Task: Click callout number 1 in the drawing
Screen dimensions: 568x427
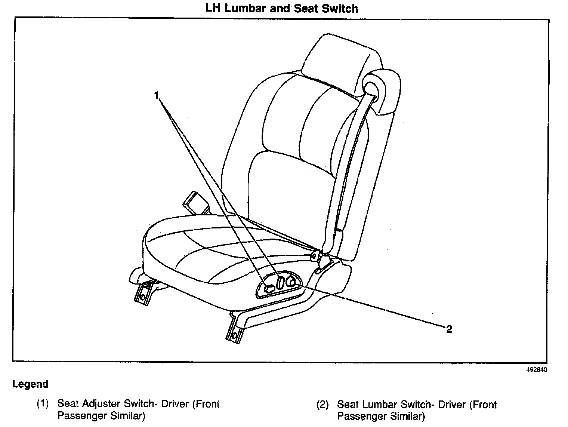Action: point(157,96)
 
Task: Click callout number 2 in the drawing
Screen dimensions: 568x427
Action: point(449,329)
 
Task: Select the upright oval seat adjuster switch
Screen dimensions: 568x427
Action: point(280,282)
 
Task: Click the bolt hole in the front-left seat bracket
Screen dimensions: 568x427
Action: point(142,297)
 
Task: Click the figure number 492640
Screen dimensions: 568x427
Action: point(537,370)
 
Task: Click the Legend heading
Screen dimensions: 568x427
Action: point(30,384)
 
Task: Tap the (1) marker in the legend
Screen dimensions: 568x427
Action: point(43,404)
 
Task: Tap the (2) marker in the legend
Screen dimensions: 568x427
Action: point(322,405)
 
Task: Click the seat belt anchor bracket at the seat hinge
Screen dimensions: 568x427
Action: point(317,256)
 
